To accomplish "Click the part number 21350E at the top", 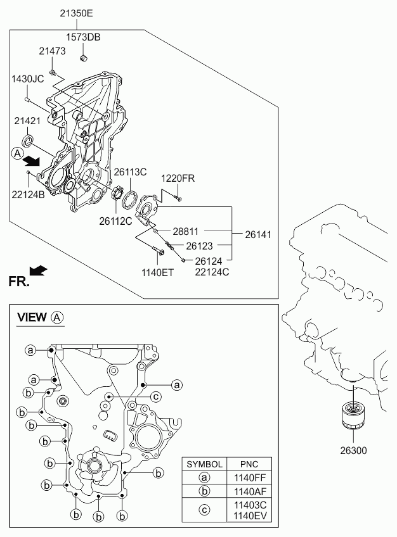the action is [77, 13].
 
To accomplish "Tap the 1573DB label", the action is [83, 37].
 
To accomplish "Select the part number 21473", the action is [52, 51].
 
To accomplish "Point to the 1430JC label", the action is [28, 79].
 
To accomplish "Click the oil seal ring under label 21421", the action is [29, 141].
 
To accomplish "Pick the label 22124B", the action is [28, 195].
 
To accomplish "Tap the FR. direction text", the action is [19, 282].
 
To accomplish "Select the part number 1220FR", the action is [178, 179].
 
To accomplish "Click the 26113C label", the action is [130, 172].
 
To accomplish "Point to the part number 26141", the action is [258, 234].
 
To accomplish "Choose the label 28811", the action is [185, 232].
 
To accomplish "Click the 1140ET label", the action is [158, 272].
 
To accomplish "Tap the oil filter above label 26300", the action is [353, 415].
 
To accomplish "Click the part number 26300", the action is [353, 450].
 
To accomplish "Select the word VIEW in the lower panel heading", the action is [32, 317].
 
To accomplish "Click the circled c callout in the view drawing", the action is [156, 397].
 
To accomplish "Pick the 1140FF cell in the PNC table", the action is [250, 477].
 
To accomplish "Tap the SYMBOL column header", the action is [204, 464].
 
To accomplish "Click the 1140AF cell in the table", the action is [250, 491].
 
